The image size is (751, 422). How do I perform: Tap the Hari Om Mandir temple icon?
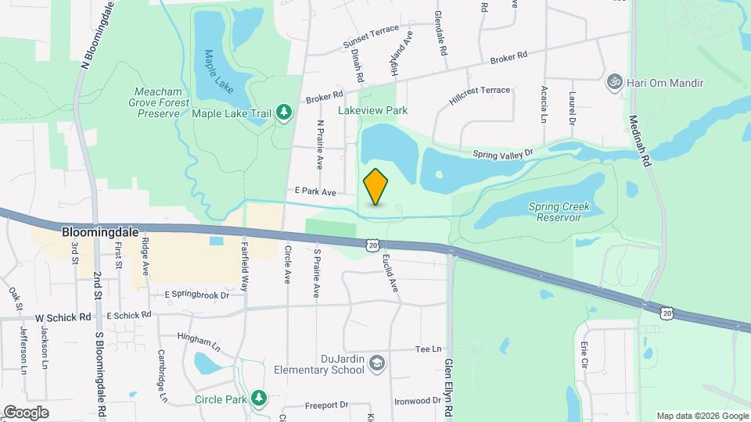tap(614, 82)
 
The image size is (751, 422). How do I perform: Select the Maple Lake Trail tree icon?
tap(283, 114)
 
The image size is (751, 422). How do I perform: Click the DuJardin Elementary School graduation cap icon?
tap(377, 363)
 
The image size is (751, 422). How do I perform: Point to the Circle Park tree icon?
tap(258, 399)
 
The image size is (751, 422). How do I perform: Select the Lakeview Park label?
tap(372, 111)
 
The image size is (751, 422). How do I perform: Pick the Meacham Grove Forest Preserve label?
tap(159, 101)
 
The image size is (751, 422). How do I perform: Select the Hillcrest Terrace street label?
tap(480, 96)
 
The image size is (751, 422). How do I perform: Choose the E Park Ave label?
tap(315, 191)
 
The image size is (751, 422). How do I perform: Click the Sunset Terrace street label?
tap(371, 37)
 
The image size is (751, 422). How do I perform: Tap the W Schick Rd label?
tap(63, 317)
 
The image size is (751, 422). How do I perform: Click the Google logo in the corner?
tap(26, 412)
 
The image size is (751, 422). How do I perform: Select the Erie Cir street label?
tap(584, 353)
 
